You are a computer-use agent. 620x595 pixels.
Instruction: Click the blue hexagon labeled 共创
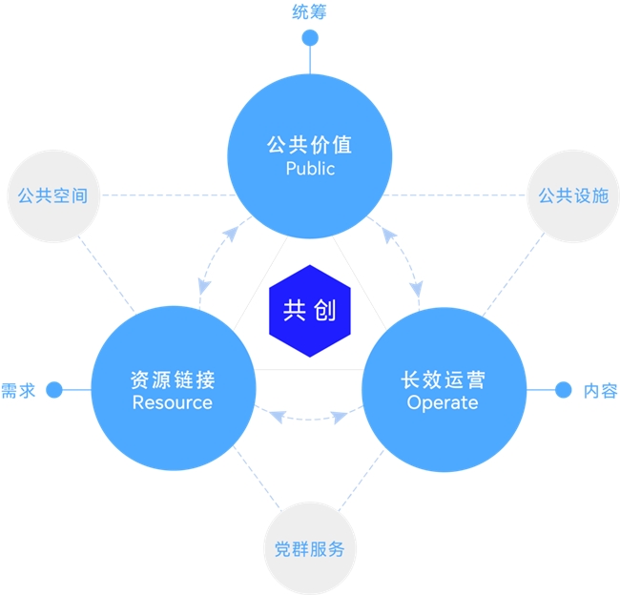(309, 311)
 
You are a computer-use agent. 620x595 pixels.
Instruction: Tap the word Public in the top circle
(310, 169)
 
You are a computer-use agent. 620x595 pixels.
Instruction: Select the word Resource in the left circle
(173, 402)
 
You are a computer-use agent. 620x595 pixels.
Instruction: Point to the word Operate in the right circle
(443, 402)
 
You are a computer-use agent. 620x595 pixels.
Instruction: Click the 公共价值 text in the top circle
(310, 145)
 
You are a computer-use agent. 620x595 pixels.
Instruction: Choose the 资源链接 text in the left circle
(173, 380)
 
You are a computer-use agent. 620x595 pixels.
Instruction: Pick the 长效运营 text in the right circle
(443, 380)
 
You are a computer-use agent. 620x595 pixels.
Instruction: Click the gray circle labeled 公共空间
(52, 195)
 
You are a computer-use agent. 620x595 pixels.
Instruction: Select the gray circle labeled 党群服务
(309, 549)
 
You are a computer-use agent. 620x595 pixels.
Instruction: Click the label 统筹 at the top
(309, 12)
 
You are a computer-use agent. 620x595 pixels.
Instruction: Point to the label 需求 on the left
(18, 390)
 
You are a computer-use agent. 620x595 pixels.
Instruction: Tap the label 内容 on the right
(600, 390)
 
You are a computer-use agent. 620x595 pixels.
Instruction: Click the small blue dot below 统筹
(309, 38)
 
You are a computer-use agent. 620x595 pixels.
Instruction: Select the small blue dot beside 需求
(54, 389)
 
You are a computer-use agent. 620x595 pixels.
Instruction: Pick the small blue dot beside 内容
(563, 389)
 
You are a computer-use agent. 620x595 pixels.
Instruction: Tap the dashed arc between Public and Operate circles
(404, 257)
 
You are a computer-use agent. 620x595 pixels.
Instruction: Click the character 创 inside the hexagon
(324, 311)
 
